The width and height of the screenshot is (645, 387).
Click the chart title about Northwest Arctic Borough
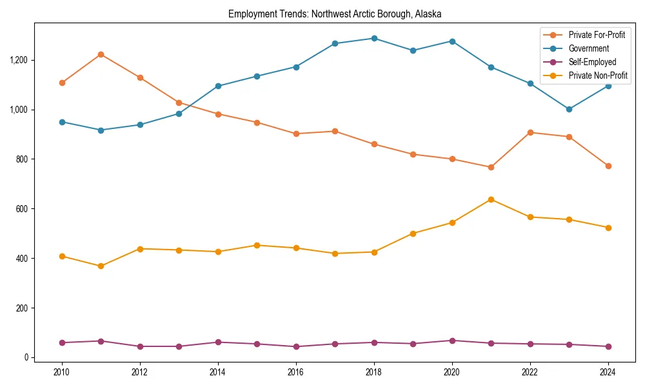coord(335,14)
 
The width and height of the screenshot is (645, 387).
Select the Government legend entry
coord(588,48)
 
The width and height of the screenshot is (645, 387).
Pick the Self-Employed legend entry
coord(592,62)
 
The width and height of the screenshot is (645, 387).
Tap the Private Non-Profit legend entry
coord(598,75)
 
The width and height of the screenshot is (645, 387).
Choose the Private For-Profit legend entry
coord(597,35)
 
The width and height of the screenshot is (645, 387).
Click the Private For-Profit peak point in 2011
coord(101,54)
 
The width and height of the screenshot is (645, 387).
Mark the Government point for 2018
coord(374,38)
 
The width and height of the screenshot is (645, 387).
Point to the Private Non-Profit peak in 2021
coord(491,199)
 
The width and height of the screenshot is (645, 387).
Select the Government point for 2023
coord(569,109)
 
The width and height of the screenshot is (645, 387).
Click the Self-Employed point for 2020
coord(452,341)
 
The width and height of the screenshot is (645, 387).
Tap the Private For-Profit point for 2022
coord(530,132)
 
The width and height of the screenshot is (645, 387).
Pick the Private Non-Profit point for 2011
coord(101,266)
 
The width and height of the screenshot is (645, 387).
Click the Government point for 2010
coord(62,122)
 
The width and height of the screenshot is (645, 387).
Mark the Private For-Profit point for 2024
coord(608,166)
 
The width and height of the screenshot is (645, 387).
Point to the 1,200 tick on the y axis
coord(19,60)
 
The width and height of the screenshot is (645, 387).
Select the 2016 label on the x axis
coord(296,372)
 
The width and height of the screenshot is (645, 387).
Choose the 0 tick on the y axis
coord(26,357)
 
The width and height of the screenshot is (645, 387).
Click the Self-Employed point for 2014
coord(218,342)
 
